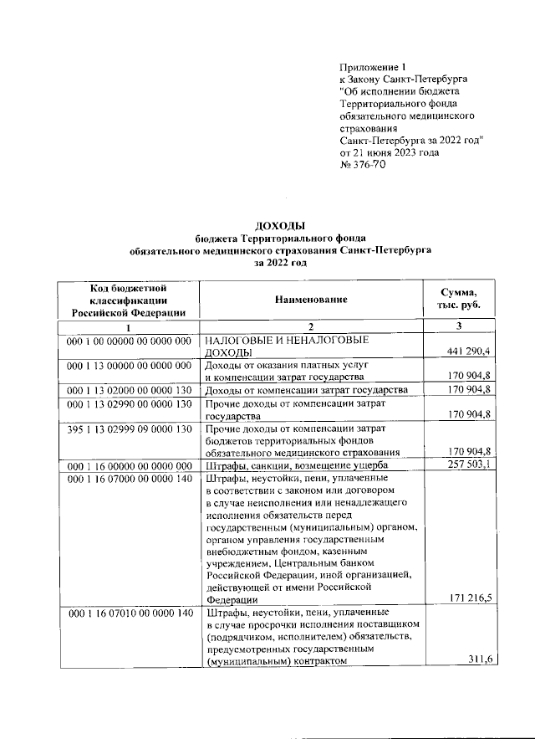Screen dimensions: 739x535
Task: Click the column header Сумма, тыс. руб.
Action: point(459,299)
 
